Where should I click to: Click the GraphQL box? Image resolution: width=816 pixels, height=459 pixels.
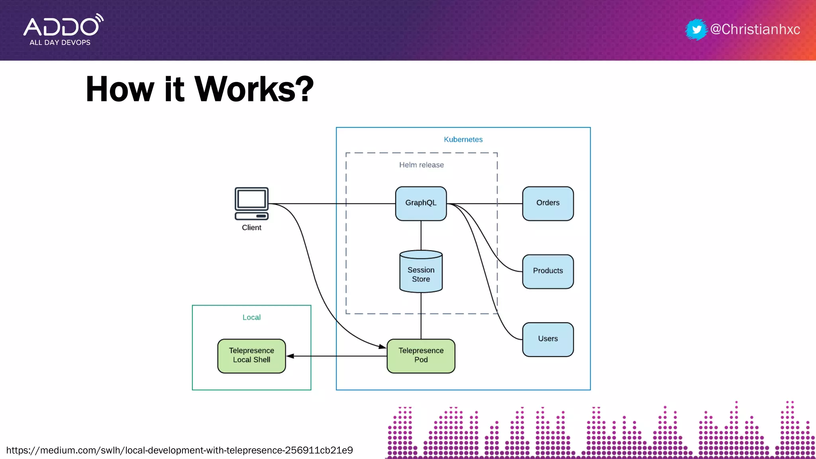[x=421, y=203]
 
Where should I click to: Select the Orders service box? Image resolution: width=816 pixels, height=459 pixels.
[x=548, y=203]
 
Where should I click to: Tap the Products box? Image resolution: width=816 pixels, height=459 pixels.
[x=548, y=271]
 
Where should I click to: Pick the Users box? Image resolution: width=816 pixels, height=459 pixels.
[x=548, y=339]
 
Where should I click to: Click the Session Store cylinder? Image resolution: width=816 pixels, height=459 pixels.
[x=421, y=273]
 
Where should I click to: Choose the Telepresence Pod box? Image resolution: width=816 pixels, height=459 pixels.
[x=421, y=355]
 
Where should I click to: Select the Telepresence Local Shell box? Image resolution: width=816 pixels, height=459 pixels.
[x=251, y=355]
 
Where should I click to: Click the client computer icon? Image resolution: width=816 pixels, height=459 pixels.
[x=251, y=203]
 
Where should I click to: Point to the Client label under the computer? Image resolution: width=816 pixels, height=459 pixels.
[x=251, y=228]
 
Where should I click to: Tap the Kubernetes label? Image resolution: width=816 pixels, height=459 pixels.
[x=463, y=139]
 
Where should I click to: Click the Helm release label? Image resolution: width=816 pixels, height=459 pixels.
[x=421, y=165]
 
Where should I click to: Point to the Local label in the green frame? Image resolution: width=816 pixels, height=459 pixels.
[x=251, y=318]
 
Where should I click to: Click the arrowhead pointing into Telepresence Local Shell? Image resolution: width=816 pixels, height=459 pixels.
[x=290, y=356]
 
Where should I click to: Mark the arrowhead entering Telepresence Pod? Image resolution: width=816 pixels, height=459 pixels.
[x=382, y=347]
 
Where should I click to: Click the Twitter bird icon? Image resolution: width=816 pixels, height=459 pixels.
[x=696, y=29]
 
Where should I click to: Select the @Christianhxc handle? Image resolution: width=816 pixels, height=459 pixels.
[x=755, y=29]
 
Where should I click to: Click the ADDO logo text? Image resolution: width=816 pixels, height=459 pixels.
[x=62, y=27]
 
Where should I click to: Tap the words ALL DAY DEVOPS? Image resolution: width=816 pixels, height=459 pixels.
[x=60, y=43]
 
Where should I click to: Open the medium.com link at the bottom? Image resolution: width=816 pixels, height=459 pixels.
[x=179, y=450]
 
